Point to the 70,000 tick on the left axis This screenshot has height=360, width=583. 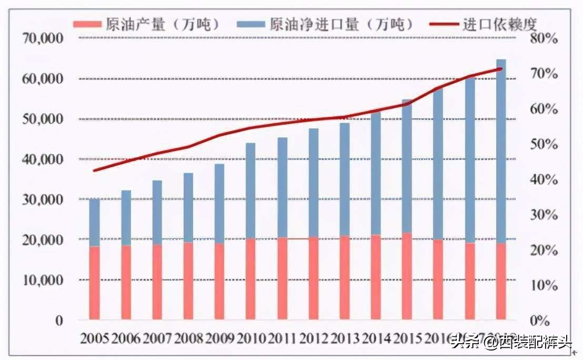[x=43, y=38]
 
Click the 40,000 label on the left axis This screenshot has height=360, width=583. [x=43, y=159]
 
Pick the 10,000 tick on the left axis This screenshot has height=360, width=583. [x=43, y=280]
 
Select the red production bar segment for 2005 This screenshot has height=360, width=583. [x=95, y=283]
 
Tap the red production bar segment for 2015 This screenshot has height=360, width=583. [x=407, y=276]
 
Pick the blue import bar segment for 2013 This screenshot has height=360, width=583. [x=345, y=179]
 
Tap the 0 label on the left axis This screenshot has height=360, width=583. [x=59, y=320]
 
